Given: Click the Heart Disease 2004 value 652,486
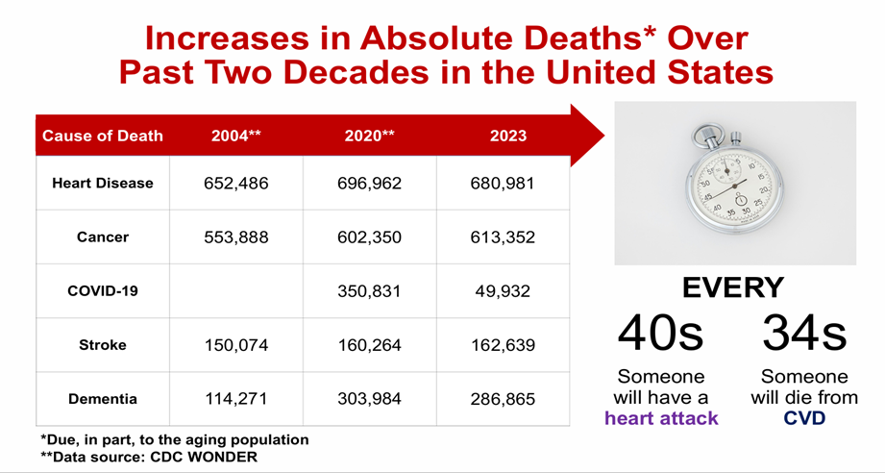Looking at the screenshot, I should coord(235,184).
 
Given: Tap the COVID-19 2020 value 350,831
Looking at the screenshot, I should coord(369,291).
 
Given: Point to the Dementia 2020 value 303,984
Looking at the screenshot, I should coord(369,399).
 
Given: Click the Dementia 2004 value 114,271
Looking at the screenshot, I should coord(235,399).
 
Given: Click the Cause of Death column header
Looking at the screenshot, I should coord(103,136).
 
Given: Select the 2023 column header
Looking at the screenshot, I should coord(507,136).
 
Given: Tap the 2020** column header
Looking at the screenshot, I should coord(369,136).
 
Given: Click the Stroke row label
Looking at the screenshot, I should coord(103,345).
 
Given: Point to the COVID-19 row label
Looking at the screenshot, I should coord(103,291).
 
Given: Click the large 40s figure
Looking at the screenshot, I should coord(660,332).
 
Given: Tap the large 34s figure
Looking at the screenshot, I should coord(805,332).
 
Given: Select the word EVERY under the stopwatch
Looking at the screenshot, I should coord(733,287).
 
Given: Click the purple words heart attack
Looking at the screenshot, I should coord(661,418).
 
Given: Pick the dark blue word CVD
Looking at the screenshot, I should coord(805,418).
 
